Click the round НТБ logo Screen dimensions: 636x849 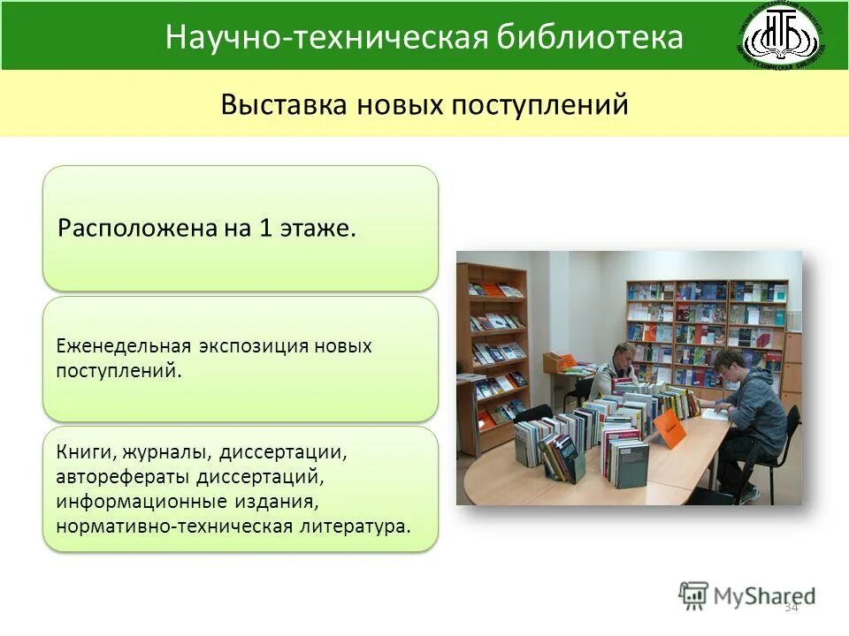[782, 37]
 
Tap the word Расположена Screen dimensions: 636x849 [123, 229]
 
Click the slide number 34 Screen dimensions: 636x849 [791, 607]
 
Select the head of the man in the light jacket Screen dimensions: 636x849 [616, 355]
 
